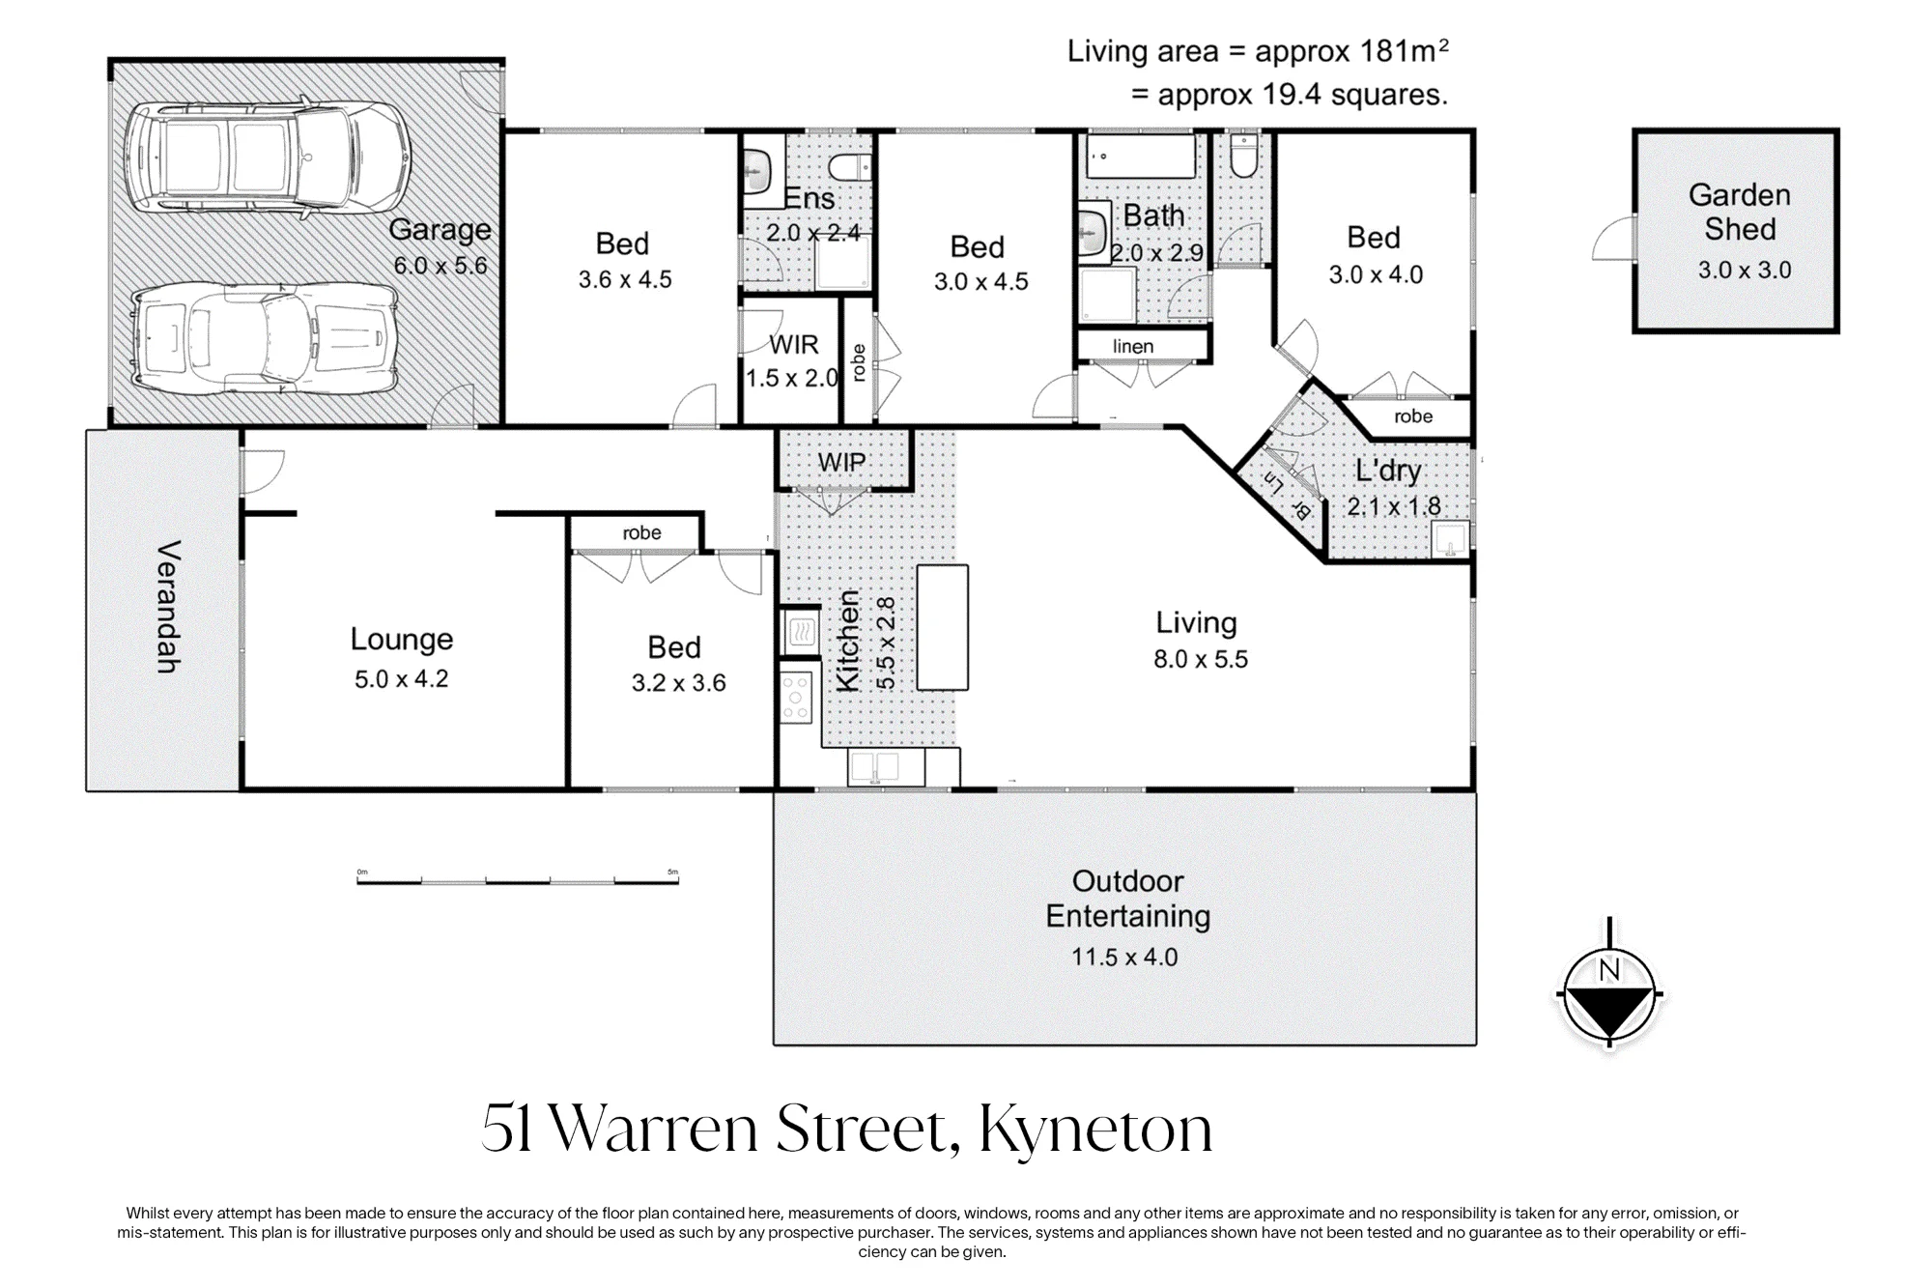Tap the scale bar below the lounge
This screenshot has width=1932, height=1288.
coord(518,879)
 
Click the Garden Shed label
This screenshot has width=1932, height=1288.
coord(1739,212)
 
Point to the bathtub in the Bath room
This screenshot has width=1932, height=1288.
coord(1141,156)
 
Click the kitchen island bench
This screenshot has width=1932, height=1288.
coord(942,627)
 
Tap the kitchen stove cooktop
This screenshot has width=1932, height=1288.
coord(797,698)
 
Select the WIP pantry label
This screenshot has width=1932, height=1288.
coord(841,463)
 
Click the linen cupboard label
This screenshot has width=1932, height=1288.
coord(1133,346)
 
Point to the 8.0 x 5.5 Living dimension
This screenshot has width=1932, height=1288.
coord(1201,659)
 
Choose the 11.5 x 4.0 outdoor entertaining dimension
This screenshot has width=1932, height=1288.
coord(1124,957)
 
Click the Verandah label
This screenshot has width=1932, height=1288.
coord(168,606)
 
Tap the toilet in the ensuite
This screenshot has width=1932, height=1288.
coord(850,165)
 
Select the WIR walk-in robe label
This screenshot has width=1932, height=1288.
coord(793,345)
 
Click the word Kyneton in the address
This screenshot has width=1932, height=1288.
coord(1095,1129)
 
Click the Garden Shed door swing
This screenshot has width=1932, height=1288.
coord(1614,239)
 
